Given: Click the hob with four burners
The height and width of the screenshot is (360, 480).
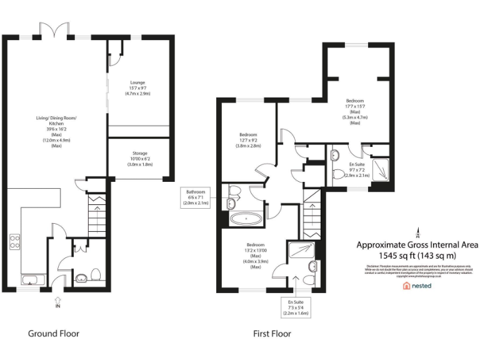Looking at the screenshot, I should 14,242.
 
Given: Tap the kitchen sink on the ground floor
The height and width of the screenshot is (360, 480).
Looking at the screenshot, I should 28,279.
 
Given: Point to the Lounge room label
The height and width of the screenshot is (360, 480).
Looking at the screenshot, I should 137,87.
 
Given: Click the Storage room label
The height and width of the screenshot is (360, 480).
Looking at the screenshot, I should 139,159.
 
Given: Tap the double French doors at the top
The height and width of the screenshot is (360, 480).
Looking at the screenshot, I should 51,29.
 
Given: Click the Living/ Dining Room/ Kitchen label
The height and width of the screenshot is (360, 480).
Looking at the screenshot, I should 52,132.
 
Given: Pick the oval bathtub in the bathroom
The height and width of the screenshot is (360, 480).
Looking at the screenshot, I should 246,219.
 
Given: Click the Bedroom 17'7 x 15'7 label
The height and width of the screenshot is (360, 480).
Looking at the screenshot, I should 355,111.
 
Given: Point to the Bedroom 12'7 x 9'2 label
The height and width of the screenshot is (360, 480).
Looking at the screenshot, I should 249,141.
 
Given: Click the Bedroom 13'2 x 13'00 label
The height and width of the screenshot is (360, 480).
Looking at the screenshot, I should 255,256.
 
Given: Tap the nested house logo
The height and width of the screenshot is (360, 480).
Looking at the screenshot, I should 417,285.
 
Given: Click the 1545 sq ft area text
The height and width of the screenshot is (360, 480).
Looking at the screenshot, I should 417,256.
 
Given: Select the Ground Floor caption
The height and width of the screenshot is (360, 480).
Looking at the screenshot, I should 54,333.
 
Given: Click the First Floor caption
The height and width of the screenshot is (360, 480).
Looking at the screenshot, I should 272,334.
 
